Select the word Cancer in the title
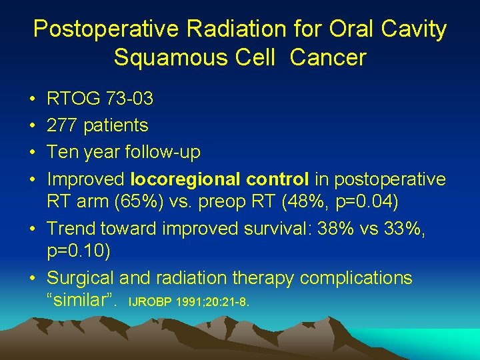tap(328, 57)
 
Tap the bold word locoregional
tap(186, 179)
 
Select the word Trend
tap(71, 228)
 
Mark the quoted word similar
tap(81, 300)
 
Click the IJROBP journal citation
tap(188, 303)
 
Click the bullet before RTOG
tap(32, 100)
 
